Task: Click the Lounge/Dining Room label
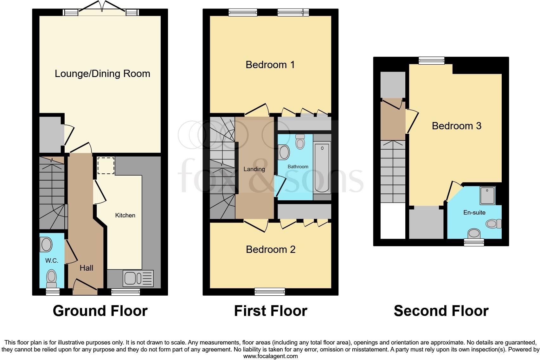tap(102, 74)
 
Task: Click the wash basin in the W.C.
tap(46, 245)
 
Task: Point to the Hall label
tap(86, 268)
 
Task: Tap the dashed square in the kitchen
tap(106, 165)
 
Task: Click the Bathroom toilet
tap(300, 141)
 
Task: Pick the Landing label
tap(254, 169)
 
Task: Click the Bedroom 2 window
tap(270, 291)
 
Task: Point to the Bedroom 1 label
tap(270, 65)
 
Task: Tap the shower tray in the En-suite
tap(487, 195)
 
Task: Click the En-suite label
tap(474, 212)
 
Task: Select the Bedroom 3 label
tap(456, 126)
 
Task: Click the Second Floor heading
tap(441, 311)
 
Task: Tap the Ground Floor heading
tap(100, 311)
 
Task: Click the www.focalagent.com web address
tap(270, 356)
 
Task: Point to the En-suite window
tap(474, 242)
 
